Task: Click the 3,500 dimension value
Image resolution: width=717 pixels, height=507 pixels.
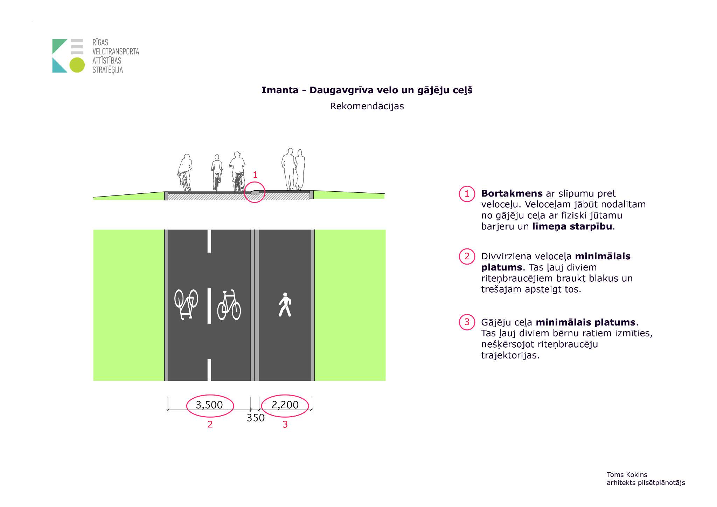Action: tap(209, 405)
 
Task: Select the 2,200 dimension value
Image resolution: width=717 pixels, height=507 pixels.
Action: tap(285, 405)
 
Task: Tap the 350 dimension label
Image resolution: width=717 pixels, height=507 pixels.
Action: tap(256, 418)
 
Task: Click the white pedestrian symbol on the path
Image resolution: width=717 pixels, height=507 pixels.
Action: tap(285, 305)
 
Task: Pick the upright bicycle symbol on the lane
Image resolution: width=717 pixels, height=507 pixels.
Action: tap(229, 305)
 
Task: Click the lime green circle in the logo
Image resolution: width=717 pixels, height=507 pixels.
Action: tap(77, 65)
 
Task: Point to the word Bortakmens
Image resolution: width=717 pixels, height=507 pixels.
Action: tap(512, 193)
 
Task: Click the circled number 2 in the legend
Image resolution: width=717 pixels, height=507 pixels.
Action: tap(467, 256)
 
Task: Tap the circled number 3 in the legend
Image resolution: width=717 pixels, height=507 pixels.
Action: tap(467, 322)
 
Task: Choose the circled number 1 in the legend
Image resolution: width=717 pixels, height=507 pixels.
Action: tap(467, 194)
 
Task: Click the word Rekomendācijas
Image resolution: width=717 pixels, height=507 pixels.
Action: tap(367, 106)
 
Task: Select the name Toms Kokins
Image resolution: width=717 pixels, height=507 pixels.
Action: tap(627, 475)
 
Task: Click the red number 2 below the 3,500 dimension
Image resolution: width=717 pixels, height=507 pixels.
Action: tap(210, 424)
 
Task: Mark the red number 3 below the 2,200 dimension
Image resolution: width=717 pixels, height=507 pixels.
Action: tap(285, 424)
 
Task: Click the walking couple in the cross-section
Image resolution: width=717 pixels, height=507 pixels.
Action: tap(293, 170)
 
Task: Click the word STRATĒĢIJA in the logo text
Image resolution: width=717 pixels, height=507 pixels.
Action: tap(107, 70)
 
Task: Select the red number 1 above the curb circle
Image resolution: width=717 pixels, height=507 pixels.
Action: tap(255, 175)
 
